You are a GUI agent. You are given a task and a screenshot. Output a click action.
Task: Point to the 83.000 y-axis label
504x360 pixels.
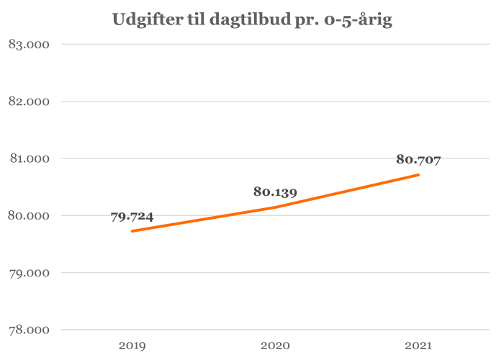pos(27,45)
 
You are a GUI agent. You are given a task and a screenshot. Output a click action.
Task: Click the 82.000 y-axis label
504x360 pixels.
pos(27,102)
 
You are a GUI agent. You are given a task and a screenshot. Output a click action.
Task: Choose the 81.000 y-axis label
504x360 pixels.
pos(27,158)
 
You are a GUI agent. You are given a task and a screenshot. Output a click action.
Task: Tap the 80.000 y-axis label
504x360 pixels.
pos(27,216)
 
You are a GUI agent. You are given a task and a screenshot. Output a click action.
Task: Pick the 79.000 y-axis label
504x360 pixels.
pos(27,273)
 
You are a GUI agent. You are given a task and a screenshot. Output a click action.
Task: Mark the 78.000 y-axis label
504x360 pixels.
pos(27,330)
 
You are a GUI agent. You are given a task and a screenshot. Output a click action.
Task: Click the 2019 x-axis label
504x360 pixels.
pos(132,346)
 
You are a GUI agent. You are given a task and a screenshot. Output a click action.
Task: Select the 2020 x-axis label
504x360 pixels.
pos(275,346)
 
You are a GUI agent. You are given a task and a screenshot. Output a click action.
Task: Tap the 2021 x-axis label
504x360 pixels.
pos(418,346)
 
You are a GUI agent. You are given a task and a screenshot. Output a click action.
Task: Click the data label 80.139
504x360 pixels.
pos(275,192)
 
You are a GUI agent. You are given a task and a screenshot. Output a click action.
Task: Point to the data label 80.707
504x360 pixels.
pos(418,160)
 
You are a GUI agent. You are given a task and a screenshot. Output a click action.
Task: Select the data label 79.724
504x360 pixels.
pos(132,217)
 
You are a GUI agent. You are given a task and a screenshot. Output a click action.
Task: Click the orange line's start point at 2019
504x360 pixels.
pos(132,231)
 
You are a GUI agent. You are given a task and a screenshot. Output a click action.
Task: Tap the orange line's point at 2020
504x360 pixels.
pos(275,207)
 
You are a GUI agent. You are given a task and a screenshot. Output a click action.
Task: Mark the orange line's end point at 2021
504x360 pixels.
pos(418,174)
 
